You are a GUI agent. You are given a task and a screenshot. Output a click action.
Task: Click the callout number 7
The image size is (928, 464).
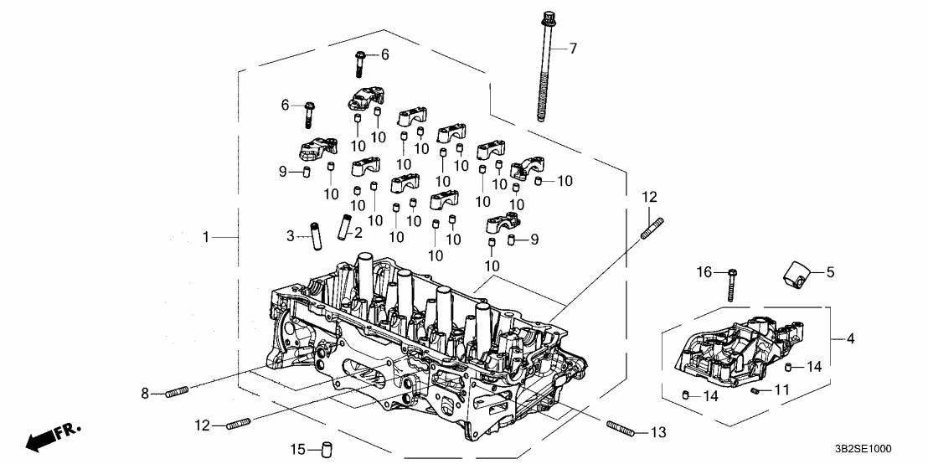tap(573, 49)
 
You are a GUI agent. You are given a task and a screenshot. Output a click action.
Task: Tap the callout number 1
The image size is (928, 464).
tap(205, 238)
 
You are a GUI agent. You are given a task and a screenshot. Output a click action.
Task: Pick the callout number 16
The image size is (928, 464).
tap(704, 272)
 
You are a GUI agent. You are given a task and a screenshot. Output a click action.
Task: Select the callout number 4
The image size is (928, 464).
tap(850, 339)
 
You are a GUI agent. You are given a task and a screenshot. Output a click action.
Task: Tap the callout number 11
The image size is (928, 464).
tap(781, 389)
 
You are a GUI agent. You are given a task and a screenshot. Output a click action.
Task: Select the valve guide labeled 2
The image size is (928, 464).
tap(343, 228)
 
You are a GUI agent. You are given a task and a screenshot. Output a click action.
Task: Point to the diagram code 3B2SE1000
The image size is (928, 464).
tap(887, 450)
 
